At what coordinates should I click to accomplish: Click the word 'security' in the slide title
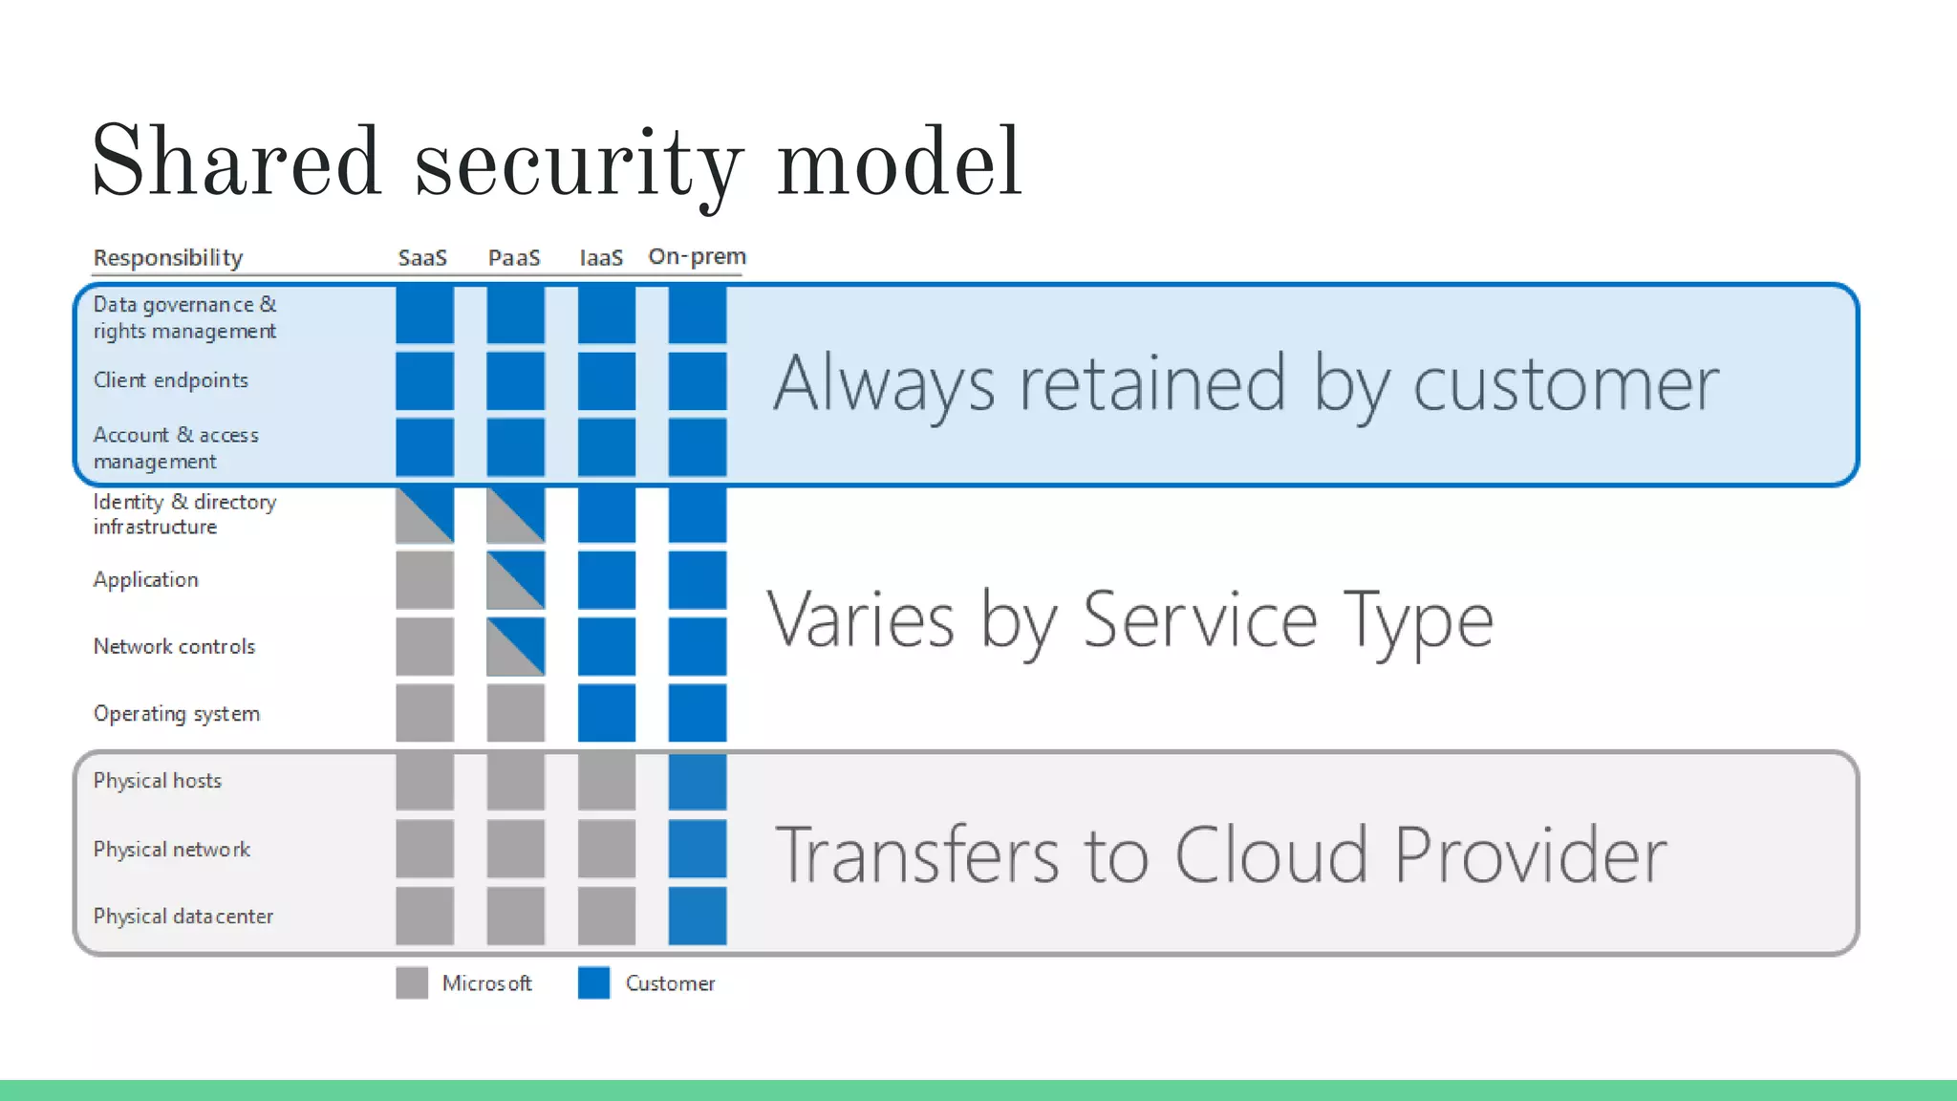(577, 164)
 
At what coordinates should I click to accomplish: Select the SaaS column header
(422, 258)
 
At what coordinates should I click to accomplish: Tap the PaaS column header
(514, 258)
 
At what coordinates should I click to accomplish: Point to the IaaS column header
(601, 258)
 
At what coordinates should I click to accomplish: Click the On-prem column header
(697, 256)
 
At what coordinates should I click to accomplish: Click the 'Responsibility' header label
(168, 258)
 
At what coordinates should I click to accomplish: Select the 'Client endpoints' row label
(171, 380)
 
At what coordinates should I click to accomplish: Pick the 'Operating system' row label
(177, 714)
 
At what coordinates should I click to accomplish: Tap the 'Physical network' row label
(172, 850)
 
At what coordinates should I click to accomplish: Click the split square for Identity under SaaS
(425, 515)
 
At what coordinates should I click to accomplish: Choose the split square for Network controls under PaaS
(516, 647)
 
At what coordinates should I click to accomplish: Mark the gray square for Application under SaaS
(425, 580)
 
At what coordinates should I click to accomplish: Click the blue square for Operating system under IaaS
(607, 713)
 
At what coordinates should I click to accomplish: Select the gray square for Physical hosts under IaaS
(607, 781)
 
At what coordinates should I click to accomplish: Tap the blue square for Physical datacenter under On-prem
(698, 916)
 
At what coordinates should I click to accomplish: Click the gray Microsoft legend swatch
(412, 982)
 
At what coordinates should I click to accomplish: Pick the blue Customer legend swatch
(593, 982)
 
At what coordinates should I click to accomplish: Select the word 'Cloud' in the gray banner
(1271, 854)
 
